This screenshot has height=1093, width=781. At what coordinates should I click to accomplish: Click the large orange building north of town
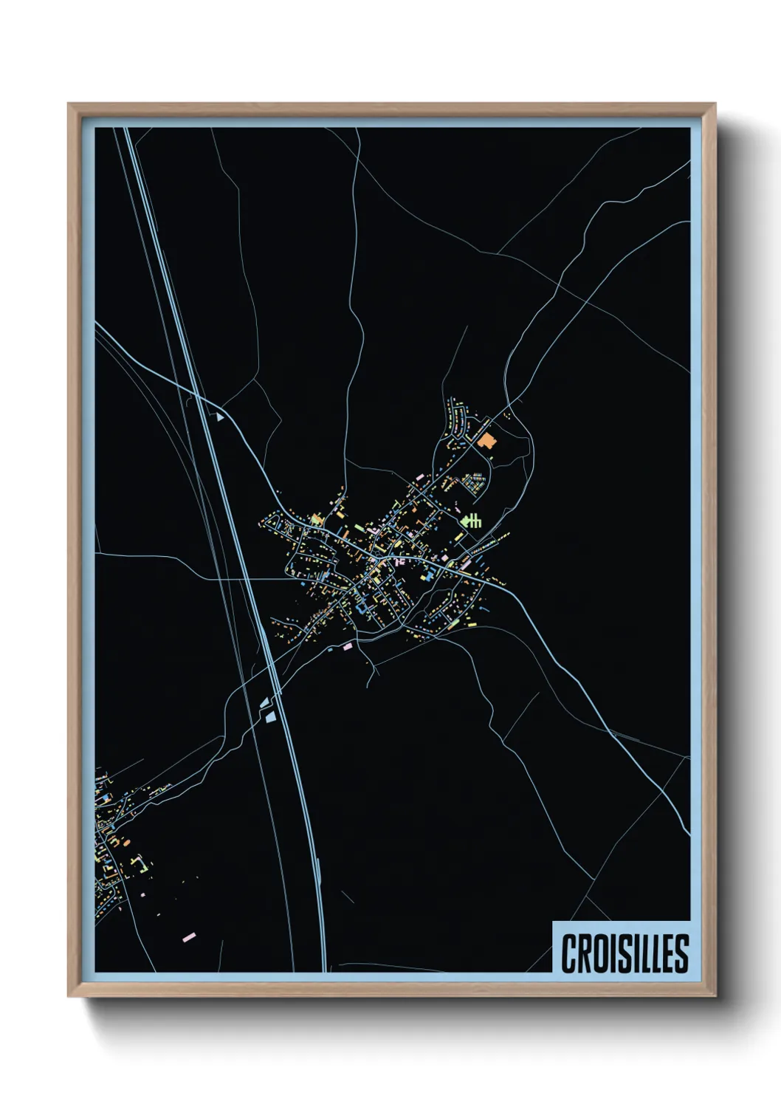[x=487, y=441]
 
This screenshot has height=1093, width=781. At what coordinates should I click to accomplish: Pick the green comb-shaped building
[x=472, y=520]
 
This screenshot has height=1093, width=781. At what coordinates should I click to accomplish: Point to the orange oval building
[x=125, y=841]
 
